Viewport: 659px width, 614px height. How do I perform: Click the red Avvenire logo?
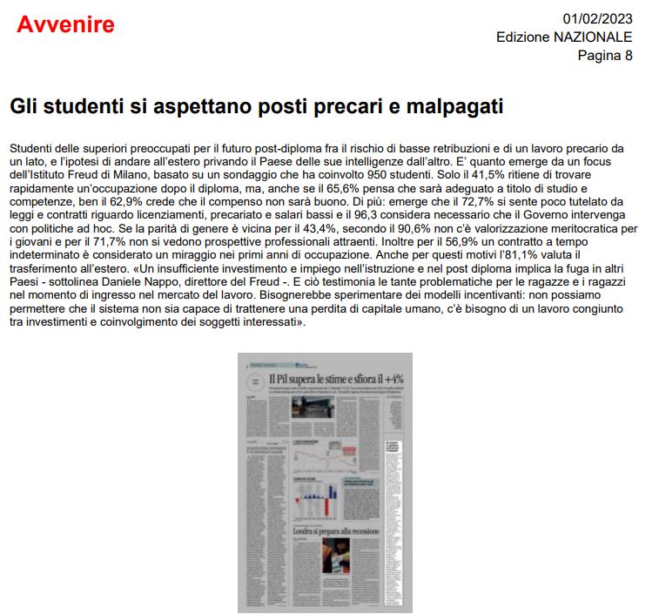[x=65, y=24]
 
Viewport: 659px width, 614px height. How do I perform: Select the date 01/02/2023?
[x=597, y=18]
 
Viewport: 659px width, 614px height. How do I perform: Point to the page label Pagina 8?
[x=605, y=56]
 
